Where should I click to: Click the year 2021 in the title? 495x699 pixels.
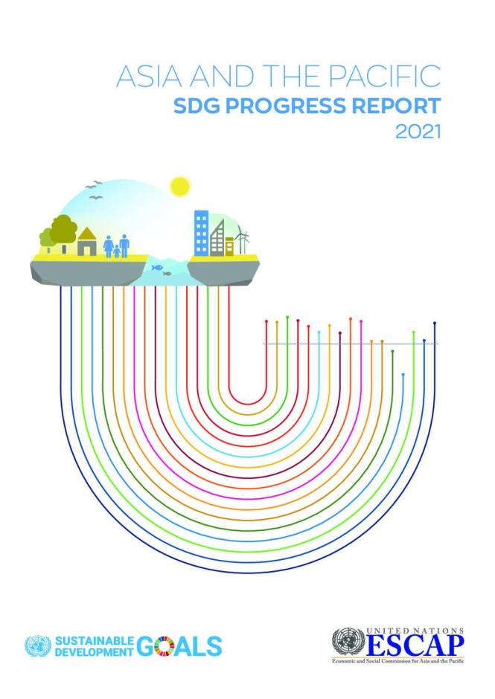tap(420, 132)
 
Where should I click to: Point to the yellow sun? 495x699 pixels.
tap(179, 186)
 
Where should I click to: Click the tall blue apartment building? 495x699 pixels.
tap(201, 231)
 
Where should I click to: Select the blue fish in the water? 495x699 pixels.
tap(156, 267)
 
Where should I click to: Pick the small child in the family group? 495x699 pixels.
tap(116, 251)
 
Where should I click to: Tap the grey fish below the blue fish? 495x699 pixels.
tap(167, 274)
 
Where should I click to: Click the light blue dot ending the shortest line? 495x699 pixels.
tap(403, 375)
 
